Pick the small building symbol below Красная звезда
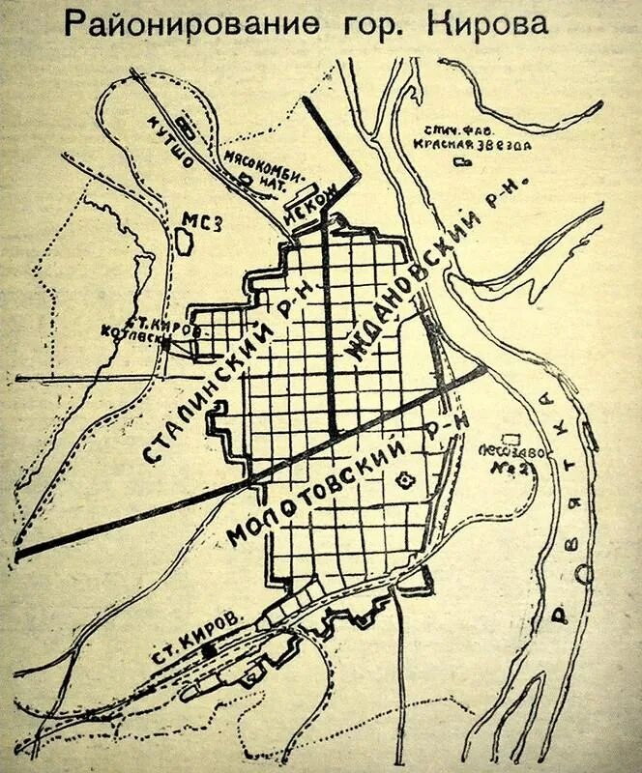pyautogui.click(x=459, y=161)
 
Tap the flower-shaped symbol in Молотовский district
pyautogui.click(x=405, y=472)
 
